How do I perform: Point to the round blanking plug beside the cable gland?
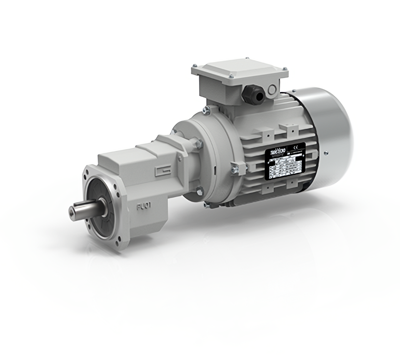pyautogui.click(x=272, y=89)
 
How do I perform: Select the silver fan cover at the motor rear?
pyautogui.click(x=329, y=125)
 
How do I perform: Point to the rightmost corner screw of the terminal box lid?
pyautogui.click(x=285, y=69)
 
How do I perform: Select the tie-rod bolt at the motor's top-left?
pyautogui.click(x=207, y=110)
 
